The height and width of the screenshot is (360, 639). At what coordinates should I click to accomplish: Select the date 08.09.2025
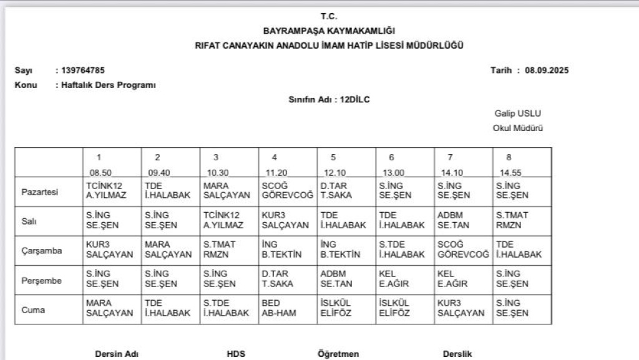click(547, 70)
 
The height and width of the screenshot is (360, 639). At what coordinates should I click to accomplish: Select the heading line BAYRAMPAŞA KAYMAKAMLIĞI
click(329, 31)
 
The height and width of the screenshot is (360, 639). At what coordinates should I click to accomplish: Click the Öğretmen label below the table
click(338, 354)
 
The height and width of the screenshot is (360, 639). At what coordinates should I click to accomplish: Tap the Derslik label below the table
click(457, 354)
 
